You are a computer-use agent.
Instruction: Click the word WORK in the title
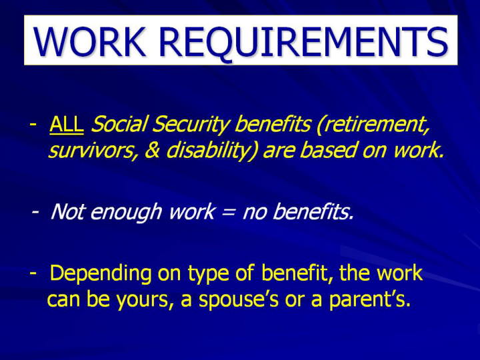click(89, 42)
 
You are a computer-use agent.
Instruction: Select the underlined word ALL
click(67, 124)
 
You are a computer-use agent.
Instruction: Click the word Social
click(118, 124)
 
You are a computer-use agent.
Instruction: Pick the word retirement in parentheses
click(373, 125)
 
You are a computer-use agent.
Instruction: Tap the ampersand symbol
click(153, 150)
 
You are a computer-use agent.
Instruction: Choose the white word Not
click(67, 211)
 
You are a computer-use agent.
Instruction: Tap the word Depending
click(101, 274)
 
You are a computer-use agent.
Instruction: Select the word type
click(209, 274)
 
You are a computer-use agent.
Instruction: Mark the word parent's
click(369, 300)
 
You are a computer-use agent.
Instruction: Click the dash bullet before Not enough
click(35, 211)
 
